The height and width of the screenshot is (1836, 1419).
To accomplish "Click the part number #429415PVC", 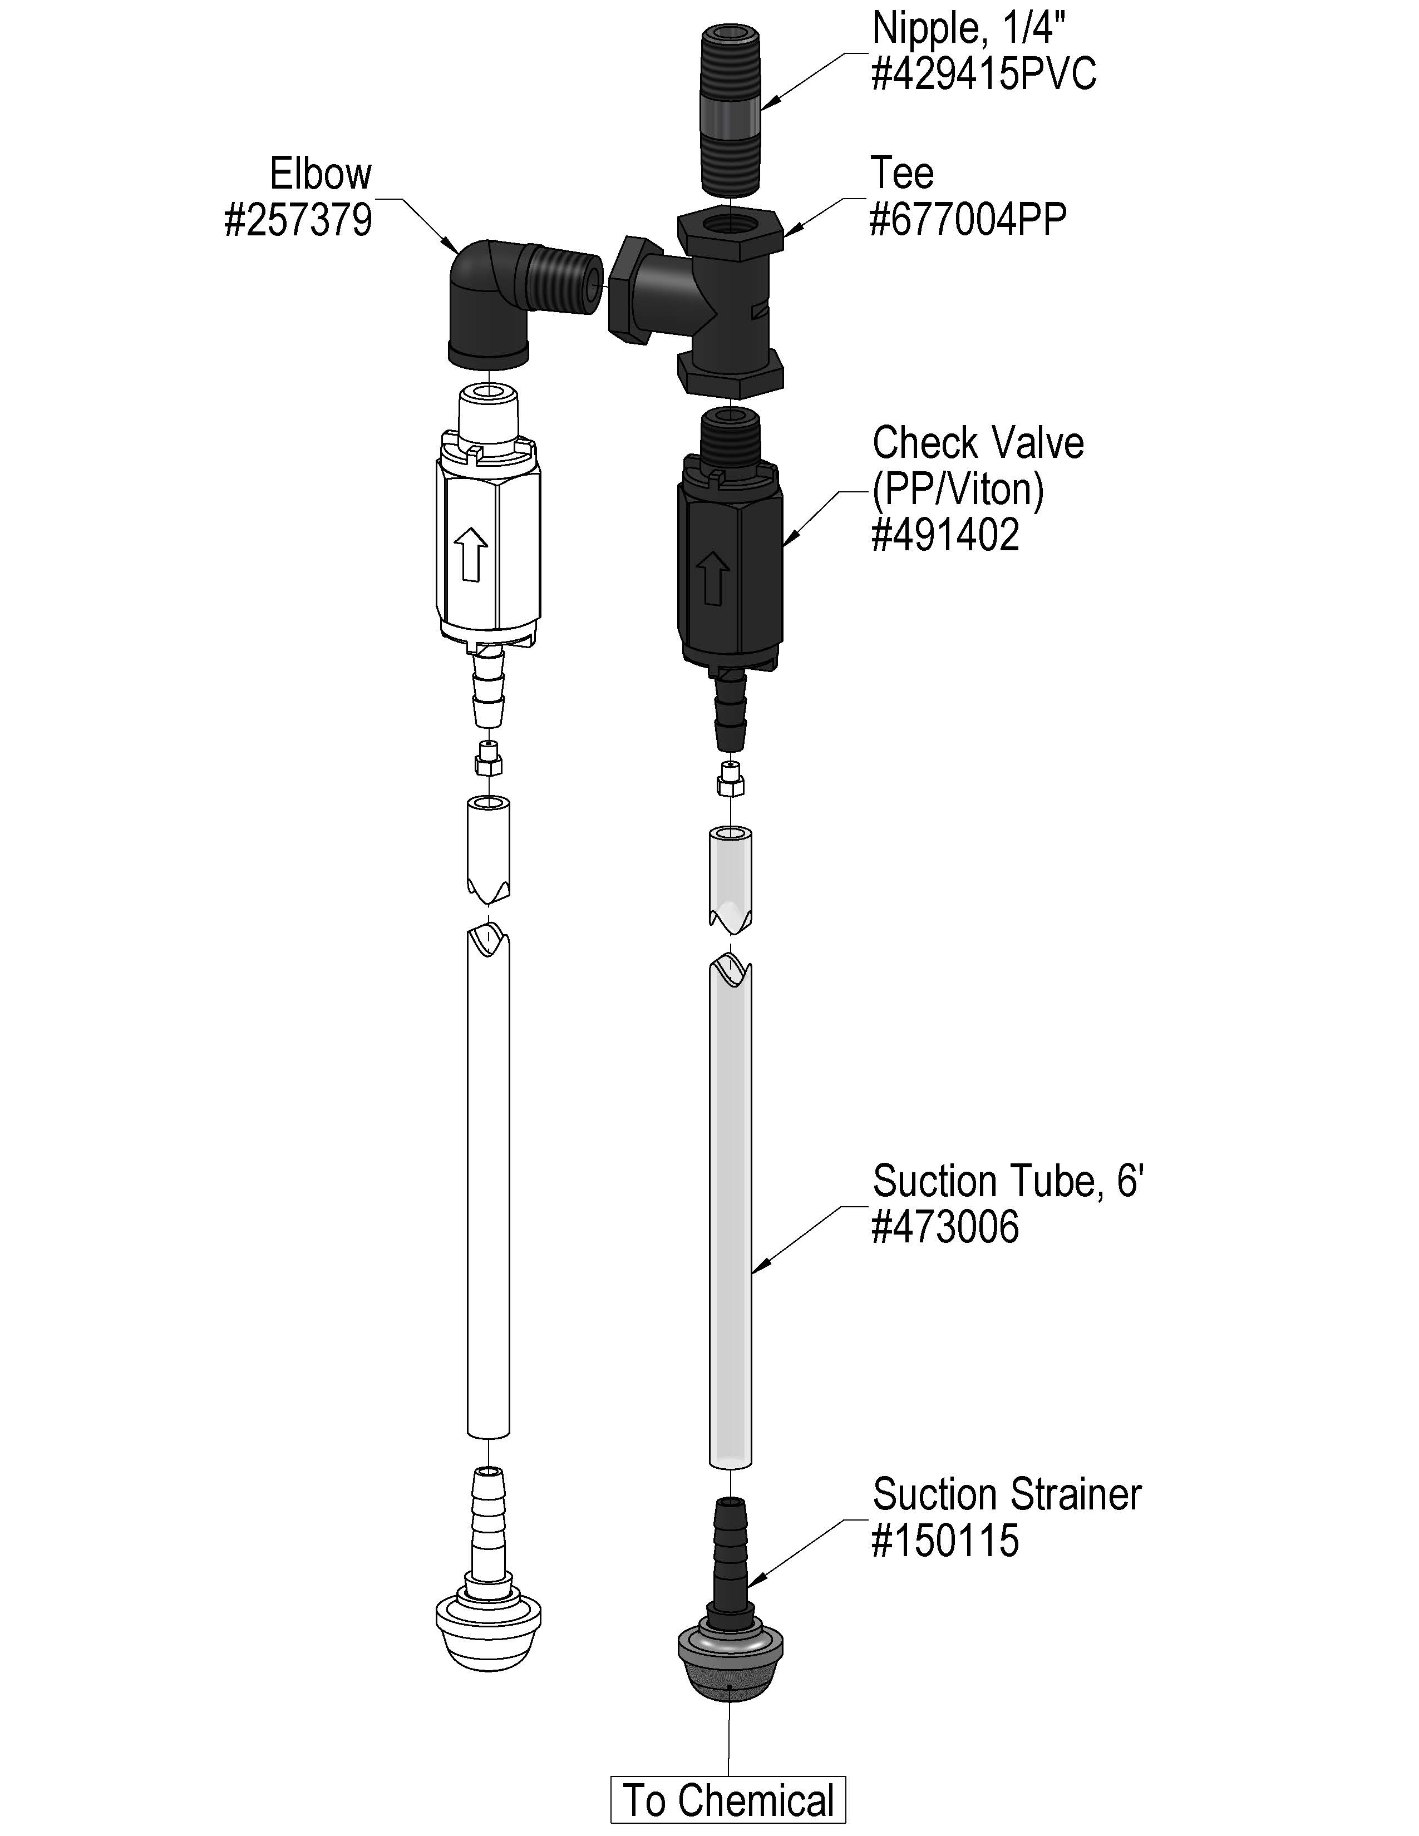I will (983, 75).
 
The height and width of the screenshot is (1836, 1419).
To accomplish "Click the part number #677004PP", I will (968, 220).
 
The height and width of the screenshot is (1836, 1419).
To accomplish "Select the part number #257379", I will (298, 220).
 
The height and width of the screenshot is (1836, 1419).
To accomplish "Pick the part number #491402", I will (945, 535).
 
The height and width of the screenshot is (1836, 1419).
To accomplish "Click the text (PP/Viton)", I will (958, 489).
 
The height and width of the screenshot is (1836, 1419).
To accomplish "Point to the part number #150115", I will (945, 1540).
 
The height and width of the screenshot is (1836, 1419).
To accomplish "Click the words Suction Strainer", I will (1006, 1494).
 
